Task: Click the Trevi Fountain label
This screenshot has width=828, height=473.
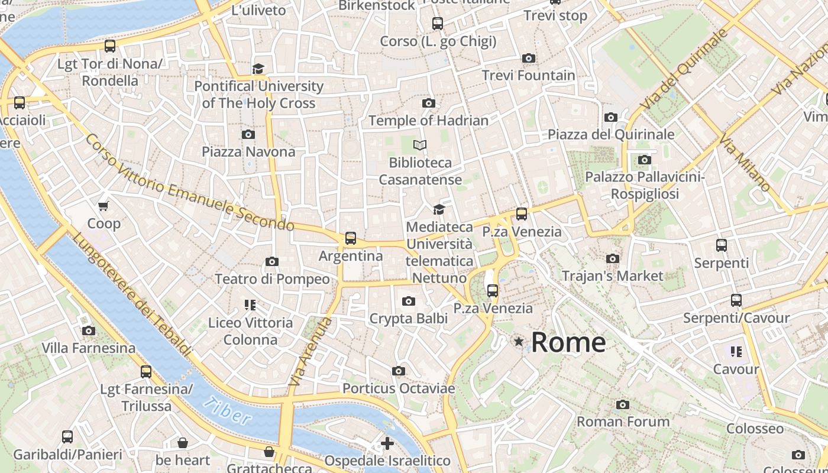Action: [528, 76]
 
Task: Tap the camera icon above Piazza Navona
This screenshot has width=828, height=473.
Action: [248, 134]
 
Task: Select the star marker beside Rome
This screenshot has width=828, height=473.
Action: [519, 341]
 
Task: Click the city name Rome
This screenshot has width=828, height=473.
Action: [568, 342]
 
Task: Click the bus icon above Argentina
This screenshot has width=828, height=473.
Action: [351, 238]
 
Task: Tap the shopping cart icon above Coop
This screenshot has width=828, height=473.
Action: [103, 206]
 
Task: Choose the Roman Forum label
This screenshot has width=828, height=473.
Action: [623, 422]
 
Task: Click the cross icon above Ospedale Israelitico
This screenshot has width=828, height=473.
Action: [387, 443]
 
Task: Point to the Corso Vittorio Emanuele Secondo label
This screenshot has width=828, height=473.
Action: [189, 182]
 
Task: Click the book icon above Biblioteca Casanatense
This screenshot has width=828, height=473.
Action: [420, 145]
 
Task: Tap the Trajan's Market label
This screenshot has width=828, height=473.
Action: [613, 276]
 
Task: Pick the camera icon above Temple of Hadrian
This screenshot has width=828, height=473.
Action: [429, 103]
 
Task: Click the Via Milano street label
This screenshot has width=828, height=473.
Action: [745, 162]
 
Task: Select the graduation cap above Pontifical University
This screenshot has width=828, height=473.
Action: [258, 69]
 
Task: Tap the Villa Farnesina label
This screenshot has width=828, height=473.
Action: [89, 348]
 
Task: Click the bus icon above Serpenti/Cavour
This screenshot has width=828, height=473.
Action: [736, 300]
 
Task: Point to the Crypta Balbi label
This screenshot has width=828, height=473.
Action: [408, 319]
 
